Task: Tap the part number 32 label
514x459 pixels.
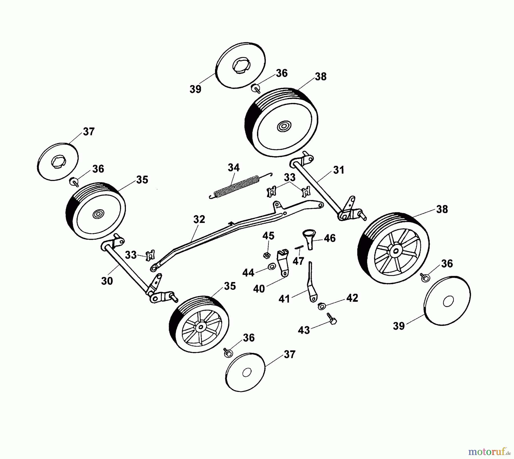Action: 199,219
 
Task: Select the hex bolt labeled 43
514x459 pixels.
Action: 332,319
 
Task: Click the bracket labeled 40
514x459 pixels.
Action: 283,261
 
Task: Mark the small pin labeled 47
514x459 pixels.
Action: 299,247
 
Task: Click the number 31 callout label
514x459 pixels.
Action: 339,170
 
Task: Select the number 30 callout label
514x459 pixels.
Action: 107,281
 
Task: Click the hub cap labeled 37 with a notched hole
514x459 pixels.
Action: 58,161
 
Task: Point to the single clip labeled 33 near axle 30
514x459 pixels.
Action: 150,255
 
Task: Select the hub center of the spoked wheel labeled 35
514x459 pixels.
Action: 201,326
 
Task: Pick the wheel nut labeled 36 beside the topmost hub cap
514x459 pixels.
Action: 256,88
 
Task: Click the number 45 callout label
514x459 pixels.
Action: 268,236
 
